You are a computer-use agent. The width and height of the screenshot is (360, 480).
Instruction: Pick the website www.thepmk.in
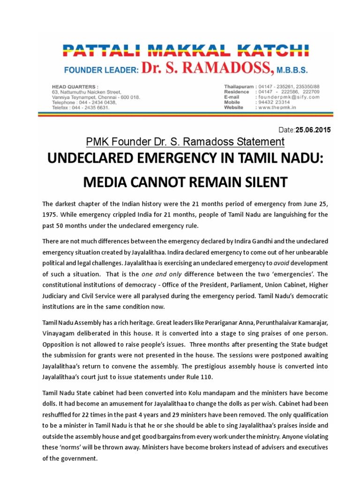tap(280, 107)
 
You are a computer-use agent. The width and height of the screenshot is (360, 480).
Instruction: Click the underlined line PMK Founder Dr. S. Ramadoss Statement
tap(185, 141)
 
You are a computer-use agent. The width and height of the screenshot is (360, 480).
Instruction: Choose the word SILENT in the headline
tap(263, 182)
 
